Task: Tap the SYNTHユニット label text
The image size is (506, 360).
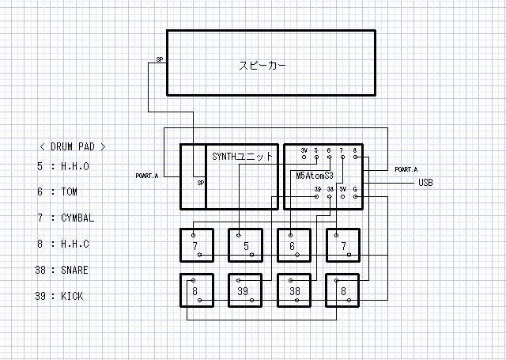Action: click(x=243, y=157)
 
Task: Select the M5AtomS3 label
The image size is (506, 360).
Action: click(x=314, y=175)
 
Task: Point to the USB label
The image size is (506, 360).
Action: click(x=425, y=183)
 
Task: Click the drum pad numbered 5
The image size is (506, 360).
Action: click(x=246, y=245)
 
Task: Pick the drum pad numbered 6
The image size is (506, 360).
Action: click(x=293, y=245)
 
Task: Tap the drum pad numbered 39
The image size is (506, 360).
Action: click(x=245, y=290)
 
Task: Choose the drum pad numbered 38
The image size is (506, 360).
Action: click(x=294, y=290)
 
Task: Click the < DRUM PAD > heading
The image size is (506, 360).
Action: click(x=72, y=146)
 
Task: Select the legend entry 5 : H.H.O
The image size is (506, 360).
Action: click(x=62, y=167)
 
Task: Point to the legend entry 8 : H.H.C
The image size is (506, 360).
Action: click(x=62, y=244)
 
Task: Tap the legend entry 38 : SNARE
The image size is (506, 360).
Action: click(x=62, y=270)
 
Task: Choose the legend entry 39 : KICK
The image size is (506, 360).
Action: click(x=60, y=297)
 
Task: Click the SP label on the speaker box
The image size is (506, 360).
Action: click(x=160, y=59)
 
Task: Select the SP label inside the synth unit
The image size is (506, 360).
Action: click(x=201, y=183)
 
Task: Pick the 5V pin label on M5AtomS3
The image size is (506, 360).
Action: click(x=343, y=189)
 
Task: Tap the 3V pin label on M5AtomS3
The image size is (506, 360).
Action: click(x=304, y=150)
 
